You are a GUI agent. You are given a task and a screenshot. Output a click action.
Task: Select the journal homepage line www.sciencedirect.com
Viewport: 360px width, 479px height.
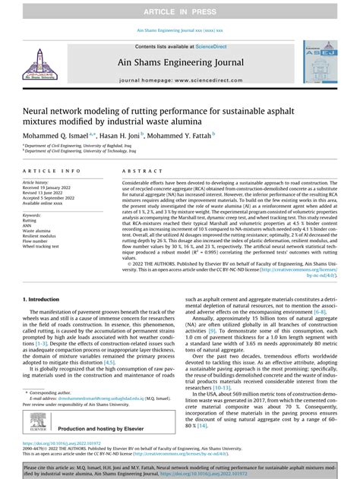(180, 79)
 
